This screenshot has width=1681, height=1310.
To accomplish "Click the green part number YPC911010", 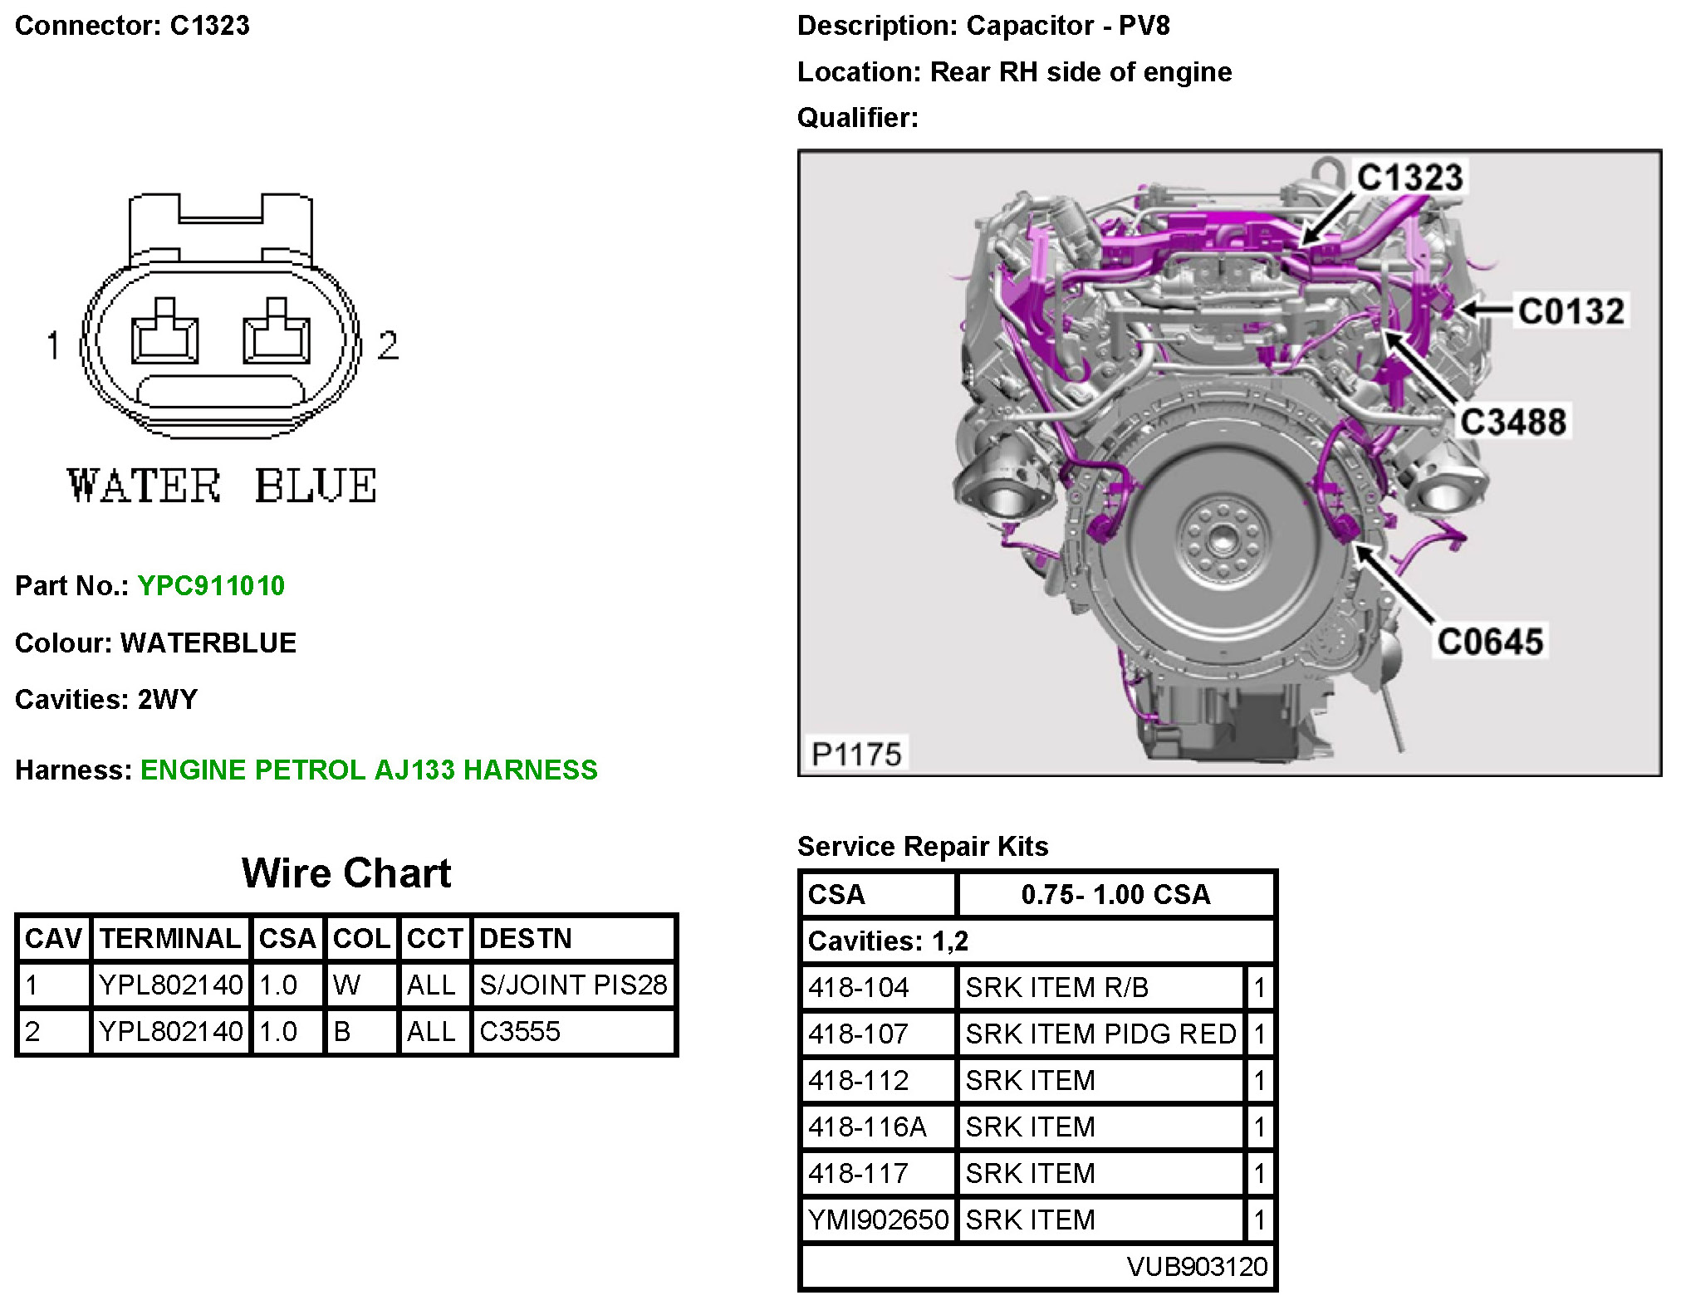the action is (211, 586).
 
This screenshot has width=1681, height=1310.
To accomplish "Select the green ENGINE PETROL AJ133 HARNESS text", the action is (369, 770).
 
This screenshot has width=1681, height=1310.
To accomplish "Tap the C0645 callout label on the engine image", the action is (1490, 642).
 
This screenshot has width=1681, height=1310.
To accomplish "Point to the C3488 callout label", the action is (1513, 422).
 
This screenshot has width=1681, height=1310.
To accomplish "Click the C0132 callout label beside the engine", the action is (1571, 311).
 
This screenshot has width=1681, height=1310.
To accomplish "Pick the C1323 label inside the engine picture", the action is (1409, 178).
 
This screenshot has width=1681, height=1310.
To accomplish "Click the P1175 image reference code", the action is (856, 755).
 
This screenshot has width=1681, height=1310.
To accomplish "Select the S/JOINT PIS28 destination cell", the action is (573, 985).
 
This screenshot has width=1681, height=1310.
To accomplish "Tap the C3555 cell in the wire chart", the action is (520, 1032).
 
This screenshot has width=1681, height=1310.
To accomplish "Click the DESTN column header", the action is (526, 939).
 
